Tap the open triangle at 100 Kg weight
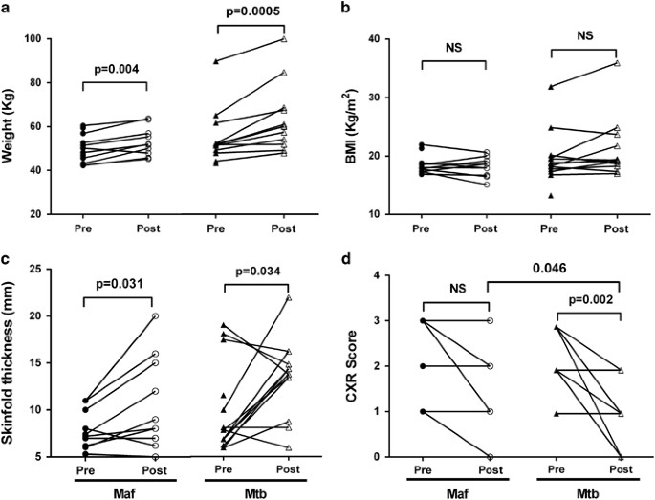pos(283,39)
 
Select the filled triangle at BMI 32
pos(552,86)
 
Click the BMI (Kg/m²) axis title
pos(346,123)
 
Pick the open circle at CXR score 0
pos(487,457)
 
